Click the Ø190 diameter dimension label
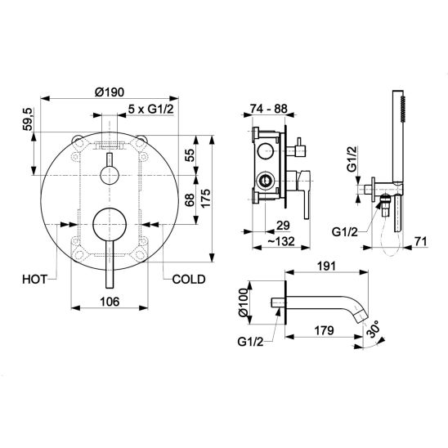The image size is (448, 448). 110,92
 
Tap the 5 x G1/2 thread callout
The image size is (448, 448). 150,109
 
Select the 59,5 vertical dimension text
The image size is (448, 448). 28,119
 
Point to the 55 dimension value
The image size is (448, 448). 189,155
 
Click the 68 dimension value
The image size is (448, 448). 189,199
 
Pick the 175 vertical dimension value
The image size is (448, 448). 205,198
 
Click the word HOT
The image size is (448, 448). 34,279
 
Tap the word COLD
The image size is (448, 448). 189,279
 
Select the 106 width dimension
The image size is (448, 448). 110,302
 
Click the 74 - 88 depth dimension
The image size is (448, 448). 269,109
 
